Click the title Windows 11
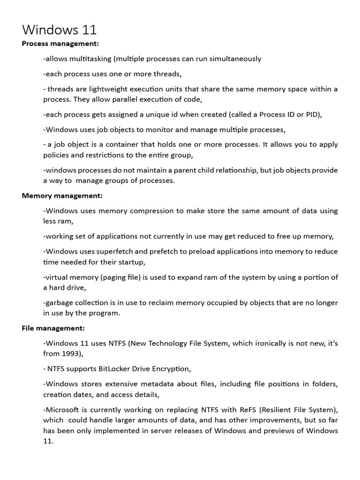click(x=59, y=30)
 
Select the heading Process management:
click(x=60, y=44)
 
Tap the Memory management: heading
click(x=62, y=195)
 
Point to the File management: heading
click(x=53, y=328)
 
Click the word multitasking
click(x=88, y=59)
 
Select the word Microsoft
click(x=62, y=409)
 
